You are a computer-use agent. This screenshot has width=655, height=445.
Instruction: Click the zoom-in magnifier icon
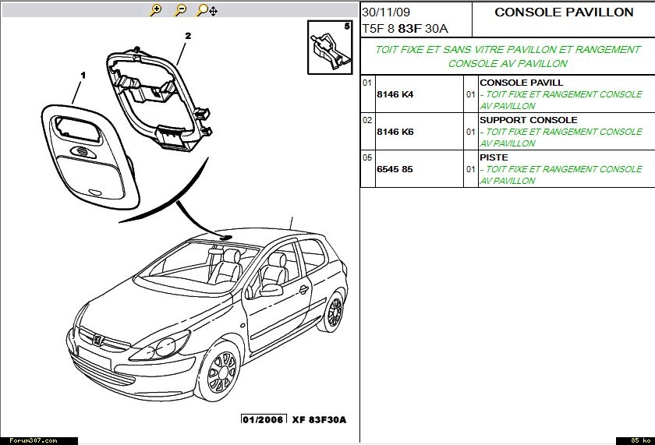tap(155, 10)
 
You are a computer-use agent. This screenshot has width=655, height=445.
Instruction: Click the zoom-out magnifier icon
tap(180, 10)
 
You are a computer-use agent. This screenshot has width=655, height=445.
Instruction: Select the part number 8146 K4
tap(395, 94)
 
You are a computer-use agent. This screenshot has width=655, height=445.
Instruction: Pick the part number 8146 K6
tap(395, 132)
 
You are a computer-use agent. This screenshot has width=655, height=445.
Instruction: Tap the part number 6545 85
tap(395, 169)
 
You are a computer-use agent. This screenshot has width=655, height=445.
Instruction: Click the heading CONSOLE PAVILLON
tap(564, 12)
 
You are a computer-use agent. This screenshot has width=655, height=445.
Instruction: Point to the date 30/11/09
tap(386, 12)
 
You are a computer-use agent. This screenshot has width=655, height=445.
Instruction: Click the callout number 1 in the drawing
tap(83, 75)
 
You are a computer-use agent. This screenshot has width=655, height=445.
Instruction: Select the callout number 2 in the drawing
tap(188, 36)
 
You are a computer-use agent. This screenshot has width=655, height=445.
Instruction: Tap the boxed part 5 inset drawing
tap(330, 48)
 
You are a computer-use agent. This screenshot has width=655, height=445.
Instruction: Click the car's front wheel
tap(220, 371)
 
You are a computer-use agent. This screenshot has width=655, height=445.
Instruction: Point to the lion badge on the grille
tap(98, 339)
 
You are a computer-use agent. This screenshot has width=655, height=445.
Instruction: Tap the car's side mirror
tap(271, 290)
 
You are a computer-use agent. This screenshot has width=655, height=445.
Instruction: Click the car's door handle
tap(303, 289)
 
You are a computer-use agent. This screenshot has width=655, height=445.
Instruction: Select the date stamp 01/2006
tap(264, 419)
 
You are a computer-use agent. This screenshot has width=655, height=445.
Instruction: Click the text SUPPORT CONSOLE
tap(529, 120)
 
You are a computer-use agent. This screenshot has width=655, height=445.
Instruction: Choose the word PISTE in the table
tap(494, 157)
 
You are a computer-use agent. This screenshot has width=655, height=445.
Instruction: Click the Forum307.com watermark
tap(34, 440)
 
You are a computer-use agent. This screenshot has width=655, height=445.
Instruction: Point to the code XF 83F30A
tap(319, 419)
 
